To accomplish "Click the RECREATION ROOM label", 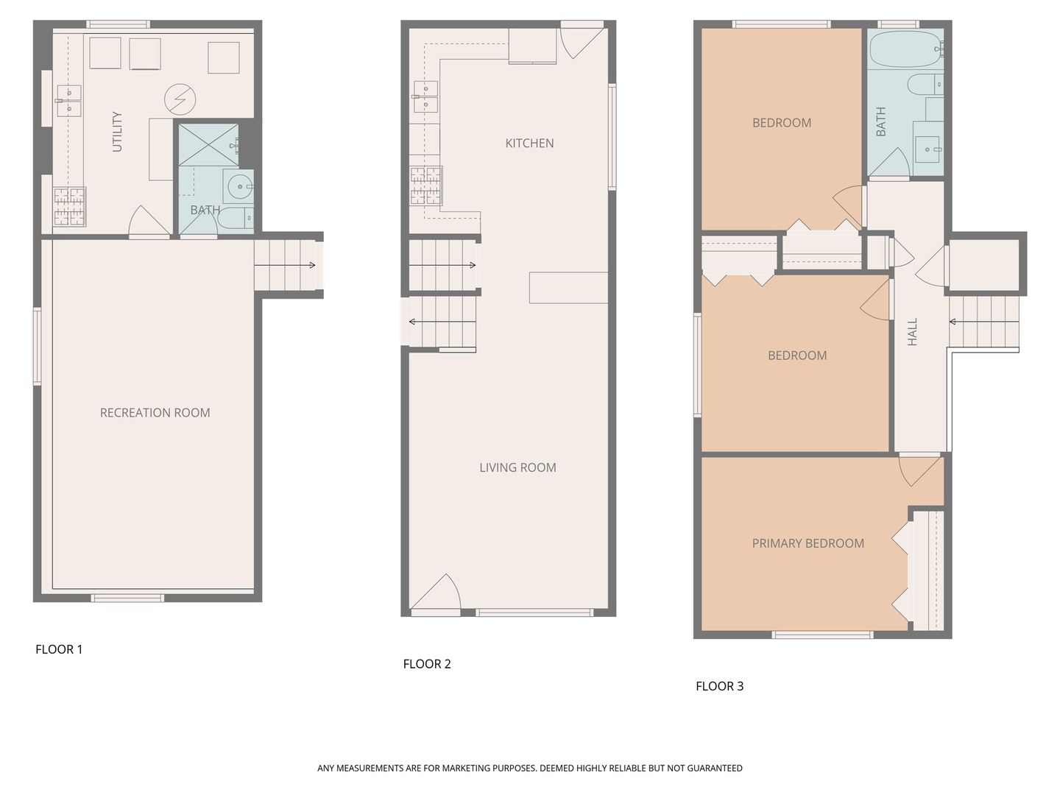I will pos(155,413).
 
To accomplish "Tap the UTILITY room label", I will pos(117,132).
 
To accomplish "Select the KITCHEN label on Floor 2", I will pos(529,144).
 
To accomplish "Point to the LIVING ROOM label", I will pos(517,467).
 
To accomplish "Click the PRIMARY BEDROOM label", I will pos(808,543).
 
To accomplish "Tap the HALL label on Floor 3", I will pos(913,332).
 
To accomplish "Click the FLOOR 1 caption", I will pos(59,649).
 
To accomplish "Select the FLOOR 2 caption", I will pos(427,664).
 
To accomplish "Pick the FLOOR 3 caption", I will pos(719,686).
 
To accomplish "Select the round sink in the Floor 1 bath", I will pos(239,187).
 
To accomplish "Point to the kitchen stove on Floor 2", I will pos(426,185).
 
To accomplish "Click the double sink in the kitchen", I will pos(425,96).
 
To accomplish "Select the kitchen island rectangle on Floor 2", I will pos(568,287).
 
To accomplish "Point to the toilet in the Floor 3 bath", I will pos(925,85).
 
